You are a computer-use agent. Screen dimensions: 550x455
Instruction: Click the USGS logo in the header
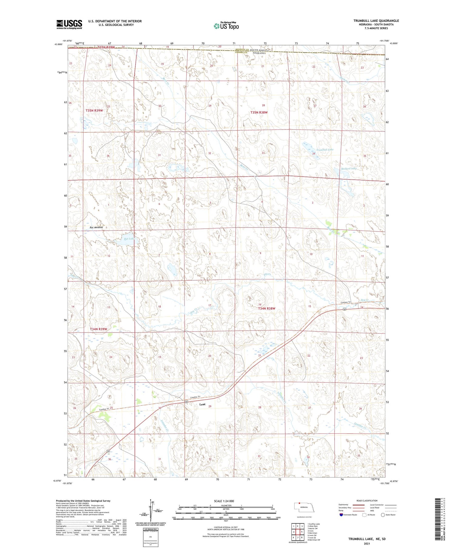69,24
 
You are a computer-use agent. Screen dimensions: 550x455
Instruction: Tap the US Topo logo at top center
226,26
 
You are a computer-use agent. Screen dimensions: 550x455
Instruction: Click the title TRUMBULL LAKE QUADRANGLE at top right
376,21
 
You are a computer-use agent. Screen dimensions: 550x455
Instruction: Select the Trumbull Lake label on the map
325,150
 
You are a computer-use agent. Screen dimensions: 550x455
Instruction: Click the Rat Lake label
129,239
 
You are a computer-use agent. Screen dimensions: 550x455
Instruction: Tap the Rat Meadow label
96,227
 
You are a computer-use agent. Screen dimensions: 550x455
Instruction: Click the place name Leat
202,404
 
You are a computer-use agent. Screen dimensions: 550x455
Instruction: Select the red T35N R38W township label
259,113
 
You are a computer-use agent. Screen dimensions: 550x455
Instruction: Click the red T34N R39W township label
98,329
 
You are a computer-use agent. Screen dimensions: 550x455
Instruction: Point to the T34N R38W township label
266,309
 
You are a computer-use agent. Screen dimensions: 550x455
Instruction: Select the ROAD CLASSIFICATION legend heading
367,501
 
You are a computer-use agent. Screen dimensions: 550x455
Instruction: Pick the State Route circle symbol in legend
383,515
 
